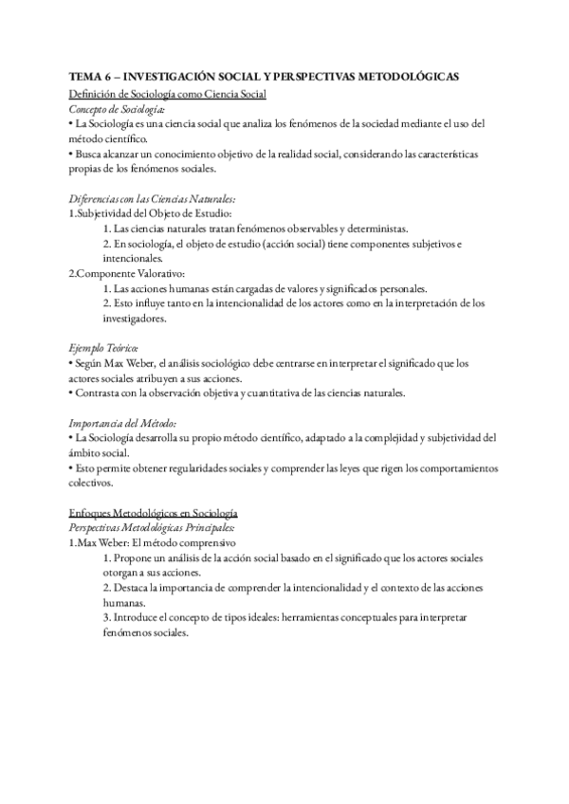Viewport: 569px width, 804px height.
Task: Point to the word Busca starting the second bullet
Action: (90, 154)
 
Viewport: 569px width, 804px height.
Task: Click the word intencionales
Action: (133, 259)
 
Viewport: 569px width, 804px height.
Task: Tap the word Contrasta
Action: (101, 393)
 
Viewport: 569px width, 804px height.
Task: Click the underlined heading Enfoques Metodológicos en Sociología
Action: (154, 511)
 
